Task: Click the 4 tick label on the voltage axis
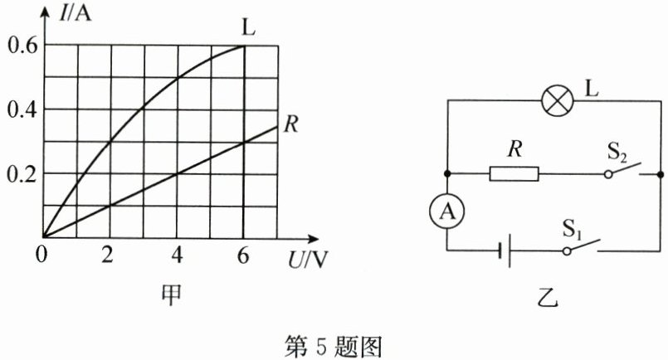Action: point(177,255)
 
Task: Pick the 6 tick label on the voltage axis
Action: point(243,255)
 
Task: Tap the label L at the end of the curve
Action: point(247,27)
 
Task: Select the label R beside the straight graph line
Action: point(290,125)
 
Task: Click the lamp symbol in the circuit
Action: point(553,101)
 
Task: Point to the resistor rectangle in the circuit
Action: point(515,174)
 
